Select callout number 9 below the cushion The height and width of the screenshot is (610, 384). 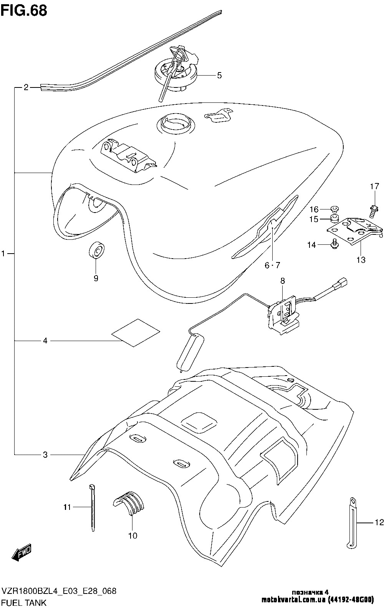(96, 279)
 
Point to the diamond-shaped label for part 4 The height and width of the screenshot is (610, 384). (135, 332)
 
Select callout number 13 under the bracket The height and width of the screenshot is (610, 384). (361, 260)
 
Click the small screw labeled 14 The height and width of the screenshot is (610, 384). (334, 243)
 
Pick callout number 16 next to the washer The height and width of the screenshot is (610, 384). (314, 209)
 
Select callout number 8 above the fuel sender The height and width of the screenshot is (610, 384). (283, 281)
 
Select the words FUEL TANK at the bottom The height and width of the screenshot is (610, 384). (24, 603)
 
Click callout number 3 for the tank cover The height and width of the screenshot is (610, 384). (45, 455)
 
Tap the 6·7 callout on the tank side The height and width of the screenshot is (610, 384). (272, 265)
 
